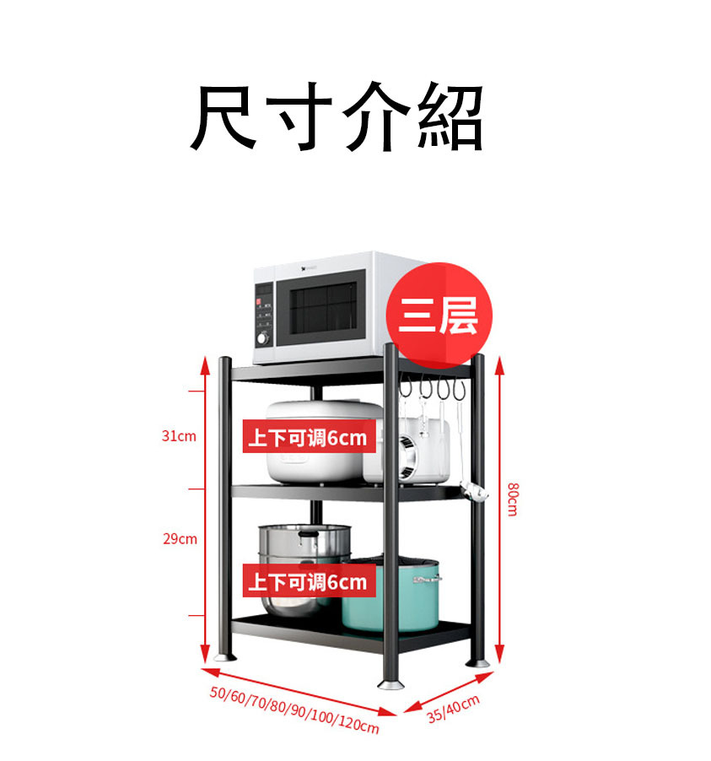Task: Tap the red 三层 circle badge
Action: [438, 316]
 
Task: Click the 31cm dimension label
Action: [179, 436]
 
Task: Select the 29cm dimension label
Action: [180, 538]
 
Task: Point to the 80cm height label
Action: [512, 499]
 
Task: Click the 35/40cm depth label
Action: [453, 709]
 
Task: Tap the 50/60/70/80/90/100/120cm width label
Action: [294, 709]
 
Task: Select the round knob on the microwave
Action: [262, 337]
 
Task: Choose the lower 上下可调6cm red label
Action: [309, 581]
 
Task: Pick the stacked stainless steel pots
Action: [304, 557]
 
